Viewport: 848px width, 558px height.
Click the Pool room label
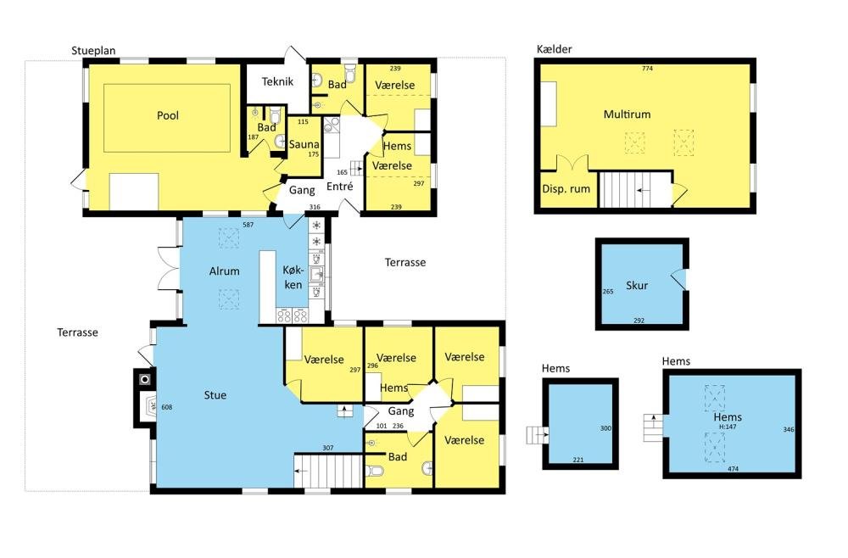pyautogui.click(x=168, y=115)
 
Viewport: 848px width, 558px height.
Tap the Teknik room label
pyautogui.click(x=277, y=81)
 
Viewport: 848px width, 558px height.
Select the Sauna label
pyautogui.click(x=304, y=144)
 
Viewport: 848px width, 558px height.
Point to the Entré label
pyautogui.click(x=340, y=186)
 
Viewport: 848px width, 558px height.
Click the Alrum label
pyautogui.click(x=225, y=271)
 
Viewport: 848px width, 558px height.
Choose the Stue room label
pyautogui.click(x=215, y=395)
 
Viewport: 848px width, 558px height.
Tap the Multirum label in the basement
pyautogui.click(x=627, y=114)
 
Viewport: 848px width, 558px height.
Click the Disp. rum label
pyautogui.click(x=566, y=189)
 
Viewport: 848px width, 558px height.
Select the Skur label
pyautogui.click(x=637, y=286)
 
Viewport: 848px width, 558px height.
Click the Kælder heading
pyautogui.click(x=555, y=49)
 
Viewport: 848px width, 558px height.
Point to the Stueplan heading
pyautogui.click(x=93, y=51)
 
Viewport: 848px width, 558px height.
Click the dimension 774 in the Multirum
pyautogui.click(x=647, y=69)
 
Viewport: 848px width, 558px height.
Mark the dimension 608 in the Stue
pyautogui.click(x=166, y=407)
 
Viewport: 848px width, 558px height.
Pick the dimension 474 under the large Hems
pyautogui.click(x=733, y=469)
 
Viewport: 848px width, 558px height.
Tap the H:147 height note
pyautogui.click(x=728, y=427)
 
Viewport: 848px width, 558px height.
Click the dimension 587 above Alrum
pyautogui.click(x=248, y=225)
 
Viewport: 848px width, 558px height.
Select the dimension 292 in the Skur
pyautogui.click(x=639, y=320)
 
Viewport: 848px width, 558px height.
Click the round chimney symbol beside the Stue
pyautogui.click(x=144, y=380)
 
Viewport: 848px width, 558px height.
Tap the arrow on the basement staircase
pyautogui.click(x=644, y=190)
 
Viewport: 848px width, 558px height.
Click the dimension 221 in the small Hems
pyautogui.click(x=578, y=460)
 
